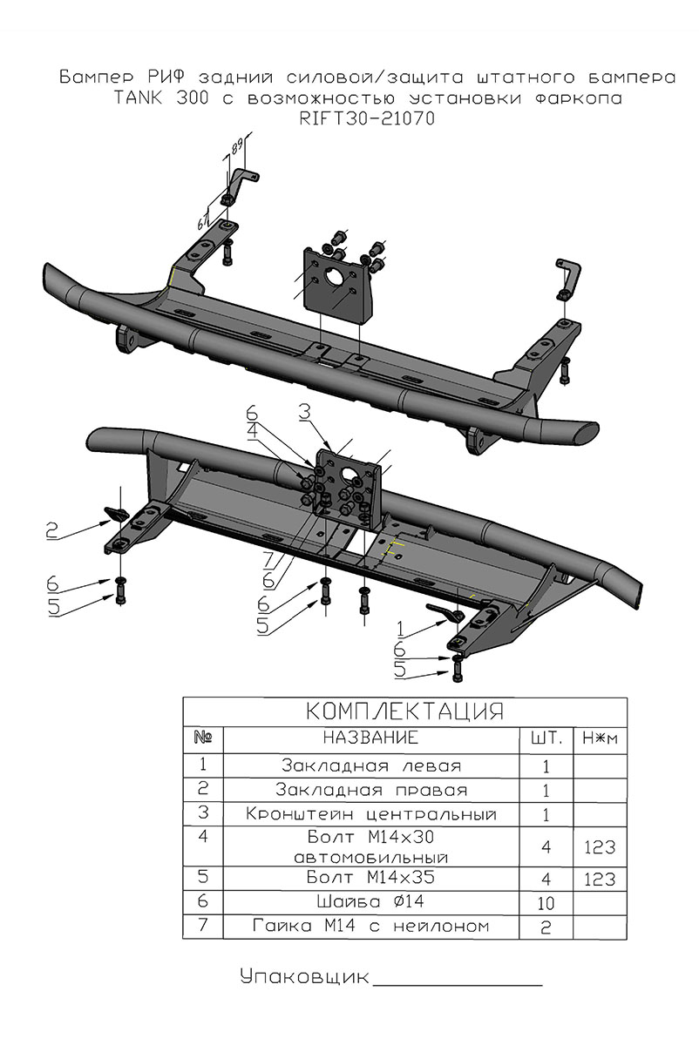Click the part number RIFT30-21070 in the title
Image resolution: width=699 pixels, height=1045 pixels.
point(366,119)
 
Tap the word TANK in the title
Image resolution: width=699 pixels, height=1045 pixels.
point(142,99)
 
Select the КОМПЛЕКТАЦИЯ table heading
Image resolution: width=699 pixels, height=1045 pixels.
point(405,711)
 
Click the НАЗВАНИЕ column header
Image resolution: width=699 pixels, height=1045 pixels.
point(371,738)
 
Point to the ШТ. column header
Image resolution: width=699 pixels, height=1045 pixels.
point(546,738)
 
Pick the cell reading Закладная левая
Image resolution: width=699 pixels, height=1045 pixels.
point(371,766)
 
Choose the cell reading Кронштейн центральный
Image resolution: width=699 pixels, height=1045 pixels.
point(371,815)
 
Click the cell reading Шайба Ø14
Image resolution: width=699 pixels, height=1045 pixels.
point(371,900)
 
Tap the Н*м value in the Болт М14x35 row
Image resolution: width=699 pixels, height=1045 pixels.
point(601,879)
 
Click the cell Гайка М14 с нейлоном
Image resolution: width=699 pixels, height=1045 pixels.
point(371,926)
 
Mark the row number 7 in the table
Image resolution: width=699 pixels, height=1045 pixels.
point(203,926)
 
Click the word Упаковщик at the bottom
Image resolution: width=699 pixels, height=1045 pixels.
point(304,976)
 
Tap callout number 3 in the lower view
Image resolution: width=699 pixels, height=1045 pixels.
point(304,412)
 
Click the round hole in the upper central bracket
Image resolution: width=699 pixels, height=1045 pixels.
point(335,280)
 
